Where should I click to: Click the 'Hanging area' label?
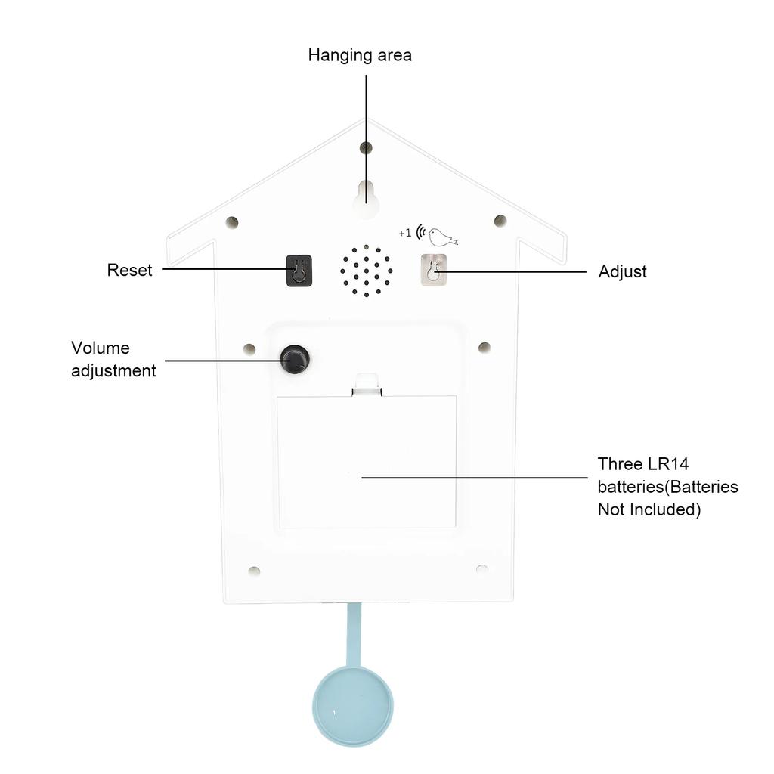pyautogui.click(x=360, y=55)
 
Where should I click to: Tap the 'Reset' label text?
pyautogui.click(x=129, y=270)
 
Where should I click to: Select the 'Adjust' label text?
pyautogui.click(x=623, y=271)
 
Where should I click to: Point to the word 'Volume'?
pyautogui.click(x=101, y=348)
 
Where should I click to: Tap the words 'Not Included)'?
pyautogui.click(x=649, y=509)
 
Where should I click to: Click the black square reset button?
pyautogui.click(x=299, y=271)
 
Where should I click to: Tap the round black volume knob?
pyautogui.click(x=296, y=359)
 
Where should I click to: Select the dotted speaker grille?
pyautogui.click(x=367, y=271)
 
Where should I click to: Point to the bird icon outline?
pyautogui.click(x=442, y=237)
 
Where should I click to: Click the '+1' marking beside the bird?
pyautogui.click(x=405, y=233)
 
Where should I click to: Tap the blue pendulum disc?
pyautogui.click(x=353, y=705)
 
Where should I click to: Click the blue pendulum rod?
pyautogui.click(x=354, y=635)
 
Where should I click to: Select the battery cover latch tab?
pyautogui.click(x=367, y=385)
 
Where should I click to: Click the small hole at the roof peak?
pyautogui.click(x=366, y=147)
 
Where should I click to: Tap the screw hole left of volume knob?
pyautogui.click(x=249, y=349)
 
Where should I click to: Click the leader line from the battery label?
pyautogui.click(x=475, y=478)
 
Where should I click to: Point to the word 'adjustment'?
pyautogui.click(x=113, y=371)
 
